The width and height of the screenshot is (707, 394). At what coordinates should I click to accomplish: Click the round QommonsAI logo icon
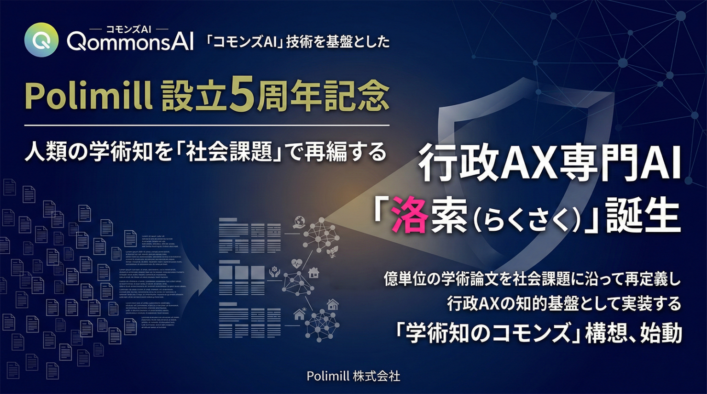click(x=41, y=40)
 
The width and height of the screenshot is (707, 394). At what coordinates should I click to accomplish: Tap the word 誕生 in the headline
click(x=643, y=216)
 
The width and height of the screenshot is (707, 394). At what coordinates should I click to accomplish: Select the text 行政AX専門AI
click(x=550, y=165)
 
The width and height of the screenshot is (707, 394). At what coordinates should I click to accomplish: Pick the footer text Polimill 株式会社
click(x=353, y=376)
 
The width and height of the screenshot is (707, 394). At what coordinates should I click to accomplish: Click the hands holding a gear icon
click(x=276, y=271)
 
